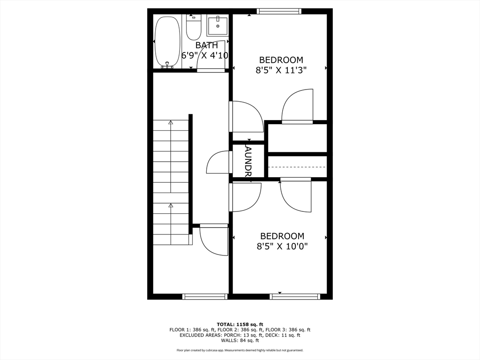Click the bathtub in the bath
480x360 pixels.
pos(167,42)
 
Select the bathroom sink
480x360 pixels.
pos(217,26)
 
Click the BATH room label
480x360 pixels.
pos(207,45)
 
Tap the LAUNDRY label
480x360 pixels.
pos(248,160)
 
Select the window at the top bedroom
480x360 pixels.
pos(278,11)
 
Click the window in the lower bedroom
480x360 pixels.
pos(295,296)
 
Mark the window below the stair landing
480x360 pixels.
pos(205,296)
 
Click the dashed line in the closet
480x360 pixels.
pos(297,167)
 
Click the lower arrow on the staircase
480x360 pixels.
pos(171,205)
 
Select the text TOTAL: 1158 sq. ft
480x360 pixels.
pos(240,324)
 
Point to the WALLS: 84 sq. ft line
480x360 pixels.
pos(240,341)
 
